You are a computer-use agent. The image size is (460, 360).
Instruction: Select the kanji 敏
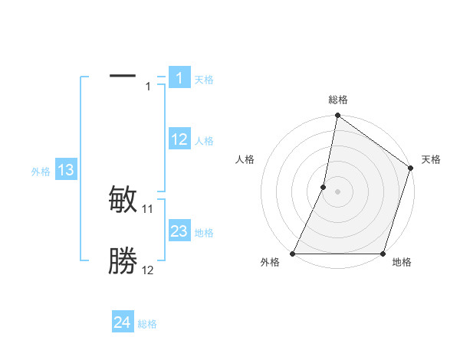[123, 200]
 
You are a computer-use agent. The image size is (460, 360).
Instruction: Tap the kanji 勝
[123, 261]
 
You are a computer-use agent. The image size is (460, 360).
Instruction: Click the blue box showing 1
[179, 78]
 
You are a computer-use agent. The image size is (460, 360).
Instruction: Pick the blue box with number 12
[179, 139]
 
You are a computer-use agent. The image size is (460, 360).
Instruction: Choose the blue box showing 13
[66, 170]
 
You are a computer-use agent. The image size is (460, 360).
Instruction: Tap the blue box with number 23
[179, 231]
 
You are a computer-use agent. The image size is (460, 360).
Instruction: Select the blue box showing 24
[123, 322]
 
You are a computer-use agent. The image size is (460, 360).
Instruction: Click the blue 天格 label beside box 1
[204, 79]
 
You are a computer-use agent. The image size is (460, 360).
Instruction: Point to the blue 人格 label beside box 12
[204, 141]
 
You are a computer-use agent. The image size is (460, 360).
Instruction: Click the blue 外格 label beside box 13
[41, 172]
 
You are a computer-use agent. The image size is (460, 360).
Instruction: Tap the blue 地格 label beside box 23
[204, 233]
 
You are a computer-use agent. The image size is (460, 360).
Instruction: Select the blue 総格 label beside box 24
[147, 324]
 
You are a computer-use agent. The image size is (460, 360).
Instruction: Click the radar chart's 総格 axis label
[338, 100]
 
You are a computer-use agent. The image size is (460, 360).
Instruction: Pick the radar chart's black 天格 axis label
[431, 159]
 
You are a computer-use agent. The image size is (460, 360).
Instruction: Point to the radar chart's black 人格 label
[245, 159]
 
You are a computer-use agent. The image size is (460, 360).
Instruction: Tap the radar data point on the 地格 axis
[383, 254]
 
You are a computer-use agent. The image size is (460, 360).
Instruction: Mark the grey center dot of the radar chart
[337, 191]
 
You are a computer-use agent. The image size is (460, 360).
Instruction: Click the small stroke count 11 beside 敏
[148, 208]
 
